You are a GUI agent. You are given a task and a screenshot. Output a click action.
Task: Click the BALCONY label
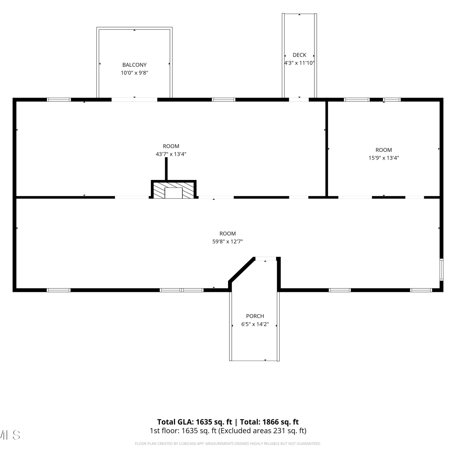click(x=134, y=65)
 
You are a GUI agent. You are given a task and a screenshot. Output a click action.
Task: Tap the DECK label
click(x=299, y=55)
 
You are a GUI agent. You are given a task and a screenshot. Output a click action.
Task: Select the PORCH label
click(x=255, y=316)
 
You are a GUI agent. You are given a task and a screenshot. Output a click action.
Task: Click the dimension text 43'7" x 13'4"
click(x=171, y=154)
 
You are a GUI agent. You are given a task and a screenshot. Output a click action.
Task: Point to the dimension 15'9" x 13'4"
click(x=384, y=158)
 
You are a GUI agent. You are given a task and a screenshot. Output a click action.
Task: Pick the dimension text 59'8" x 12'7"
click(x=228, y=242)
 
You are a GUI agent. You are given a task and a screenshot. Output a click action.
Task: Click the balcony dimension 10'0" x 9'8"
click(x=134, y=73)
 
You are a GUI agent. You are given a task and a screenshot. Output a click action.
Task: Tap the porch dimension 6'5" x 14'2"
click(x=255, y=324)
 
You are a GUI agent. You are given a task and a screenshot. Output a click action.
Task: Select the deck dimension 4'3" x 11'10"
click(x=299, y=63)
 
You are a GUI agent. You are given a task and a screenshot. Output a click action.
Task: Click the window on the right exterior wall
click(x=442, y=269)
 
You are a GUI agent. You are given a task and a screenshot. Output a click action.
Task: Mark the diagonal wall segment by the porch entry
click(x=241, y=270)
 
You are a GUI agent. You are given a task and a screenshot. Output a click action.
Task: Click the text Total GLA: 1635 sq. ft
click(x=195, y=422)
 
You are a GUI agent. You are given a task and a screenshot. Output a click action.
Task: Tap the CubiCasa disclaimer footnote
click(x=228, y=444)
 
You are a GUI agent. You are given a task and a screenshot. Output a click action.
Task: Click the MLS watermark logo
click(x=10, y=435)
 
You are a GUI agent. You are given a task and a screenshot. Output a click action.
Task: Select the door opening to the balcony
click(x=134, y=99)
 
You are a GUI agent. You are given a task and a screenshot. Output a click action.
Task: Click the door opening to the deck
click(x=299, y=99)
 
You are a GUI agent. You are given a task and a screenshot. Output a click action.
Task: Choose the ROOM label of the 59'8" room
click(x=228, y=234)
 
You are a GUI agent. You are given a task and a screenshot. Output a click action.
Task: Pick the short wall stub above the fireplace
click(x=166, y=169)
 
